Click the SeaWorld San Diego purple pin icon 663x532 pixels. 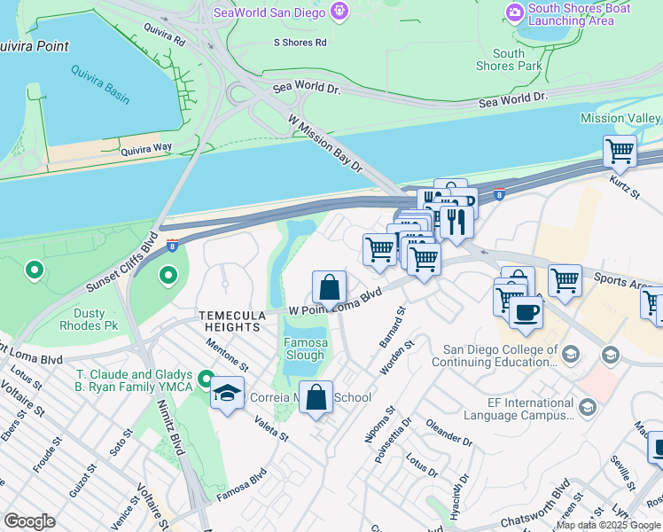[x=338, y=11]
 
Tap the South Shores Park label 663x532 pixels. [x=509, y=59]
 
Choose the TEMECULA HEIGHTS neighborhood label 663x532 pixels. [x=230, y=321]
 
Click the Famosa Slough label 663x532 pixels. [x=304, y=349]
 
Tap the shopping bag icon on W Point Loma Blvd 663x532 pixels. [x=329, y=288]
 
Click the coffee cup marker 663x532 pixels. [x=526, y=313]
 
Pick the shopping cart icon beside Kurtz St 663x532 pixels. [x=620, y=151]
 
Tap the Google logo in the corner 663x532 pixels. [x=29, y=521]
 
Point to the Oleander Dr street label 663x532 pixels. [x=448, y=434]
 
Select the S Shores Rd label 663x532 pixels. [x=300, y=42]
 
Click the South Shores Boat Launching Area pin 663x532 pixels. [x=514, y=11]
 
